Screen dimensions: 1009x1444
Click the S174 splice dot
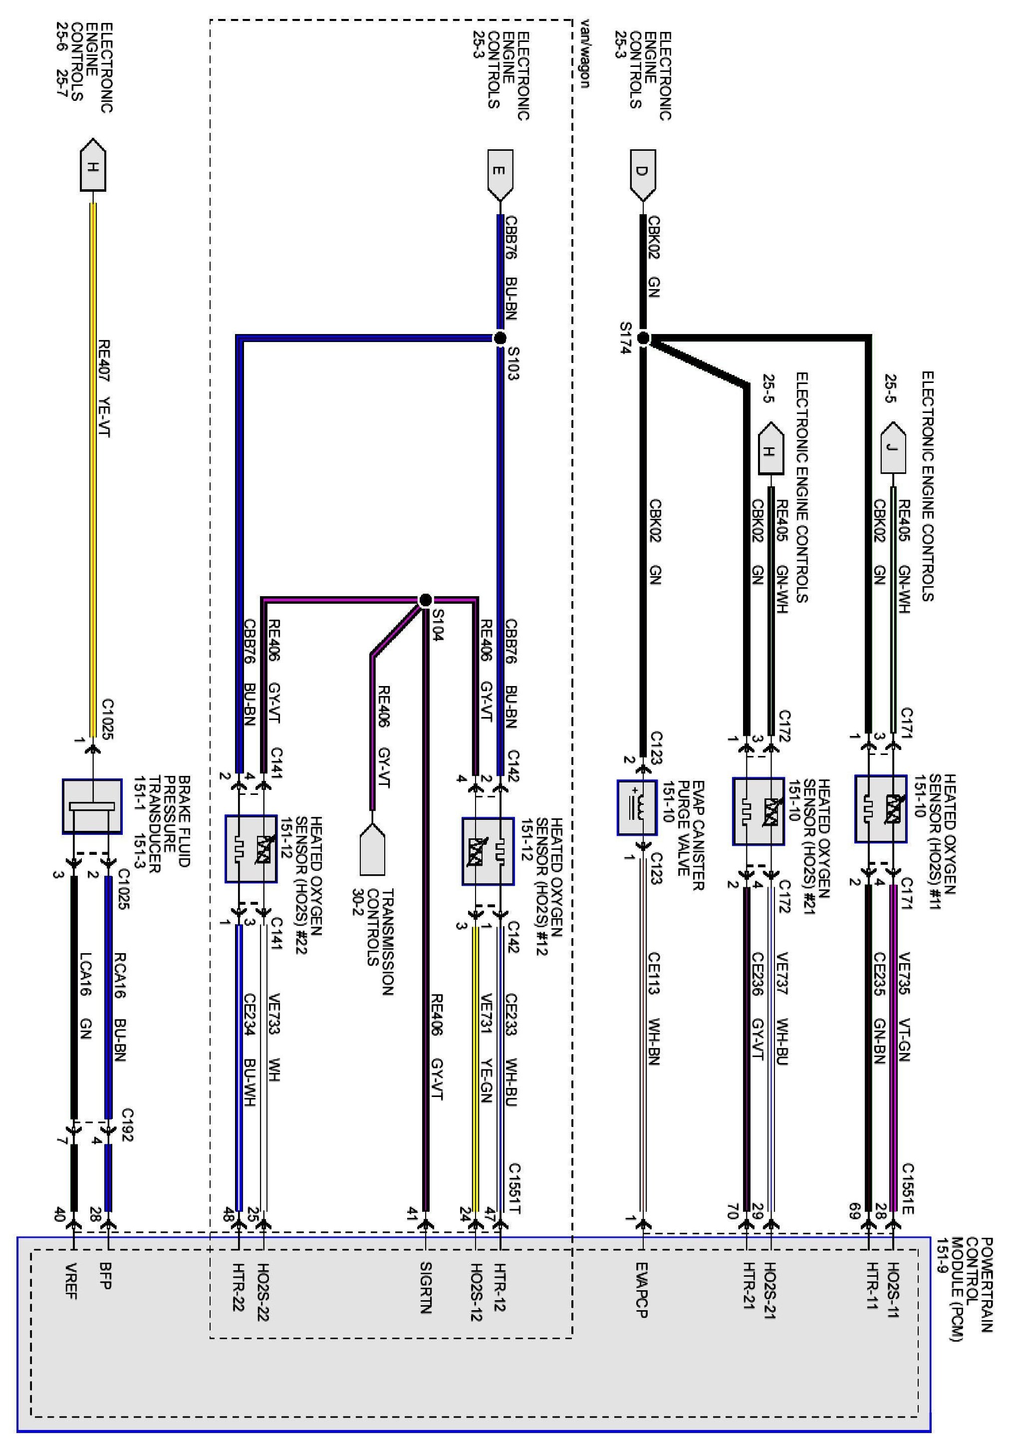coord(643,339)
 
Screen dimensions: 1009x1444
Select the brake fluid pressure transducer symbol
coord(92,806)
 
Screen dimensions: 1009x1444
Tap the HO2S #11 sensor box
coord(881,809)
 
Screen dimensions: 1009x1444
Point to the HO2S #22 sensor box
coord(251,849)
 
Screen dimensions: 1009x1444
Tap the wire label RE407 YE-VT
coord(104,388)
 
